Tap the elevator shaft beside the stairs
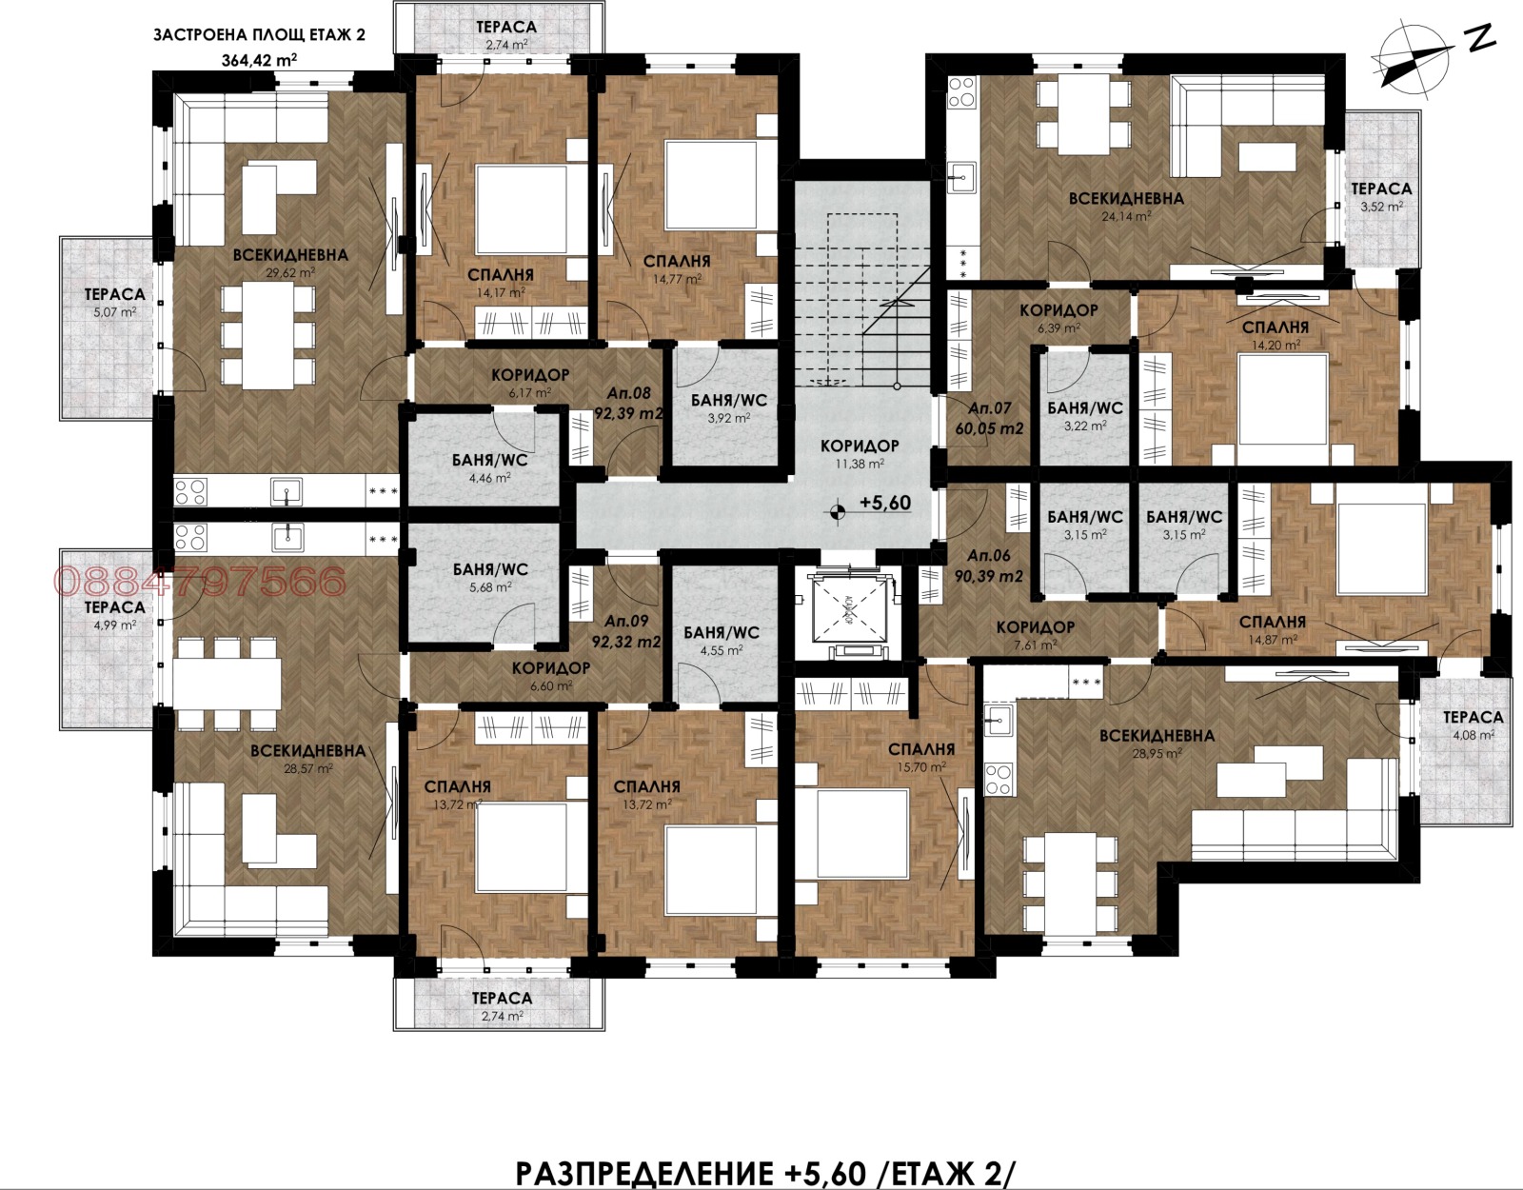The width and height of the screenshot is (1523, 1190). tap(841, 611)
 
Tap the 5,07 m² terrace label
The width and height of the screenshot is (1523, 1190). tap(114, 302)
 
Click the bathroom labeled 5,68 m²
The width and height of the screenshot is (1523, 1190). tap(490, 578)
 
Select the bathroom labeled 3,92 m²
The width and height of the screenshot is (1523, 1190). tap(726, 407)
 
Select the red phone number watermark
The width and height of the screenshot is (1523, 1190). tap(200, 582)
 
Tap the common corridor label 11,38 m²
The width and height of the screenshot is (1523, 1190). tap(860, 454)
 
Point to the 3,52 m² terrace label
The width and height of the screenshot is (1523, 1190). tap(1381, 197)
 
